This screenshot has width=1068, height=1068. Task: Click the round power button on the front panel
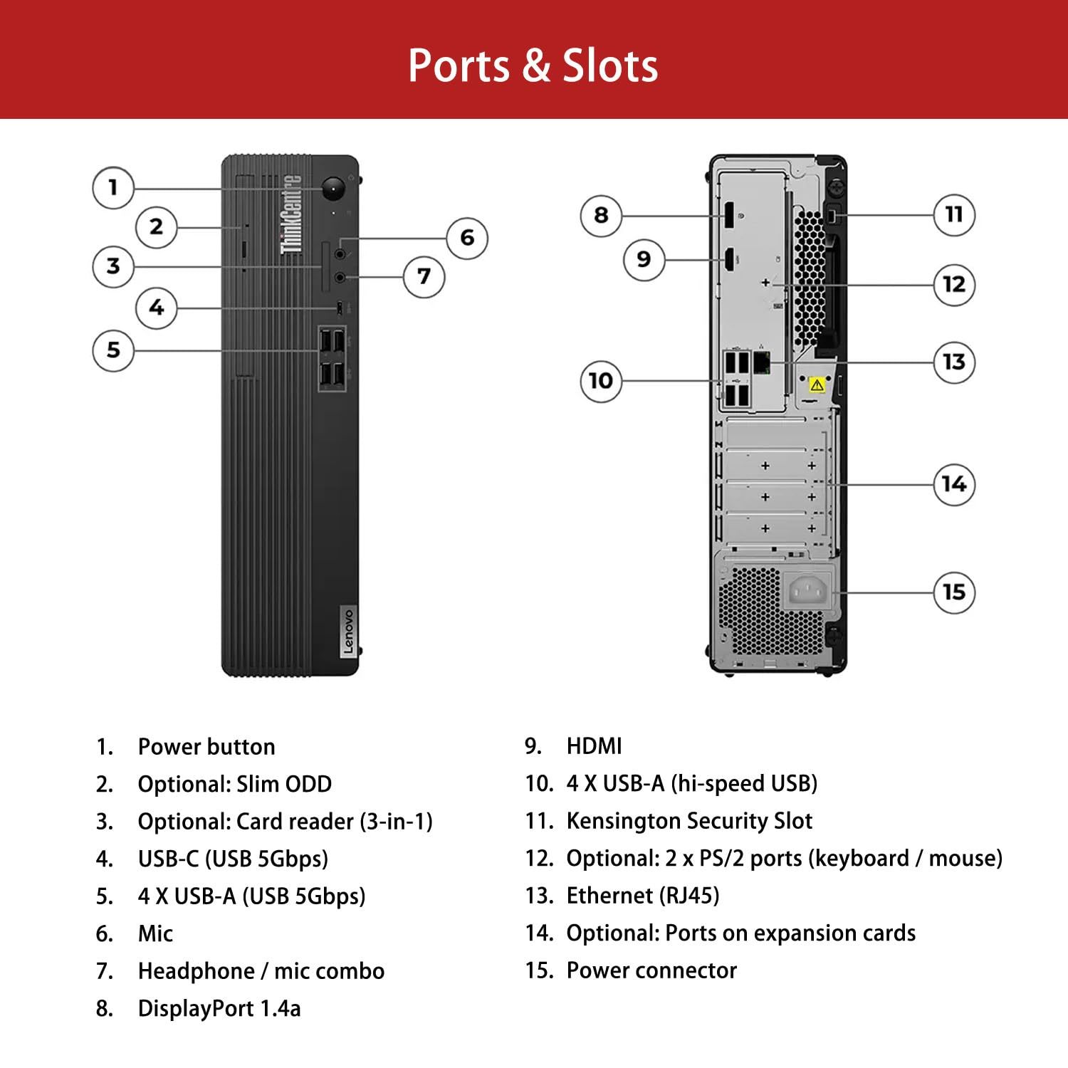[333, 189]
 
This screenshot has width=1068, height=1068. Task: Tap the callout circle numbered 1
[112, 188]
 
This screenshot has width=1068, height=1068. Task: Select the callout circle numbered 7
[424, 276]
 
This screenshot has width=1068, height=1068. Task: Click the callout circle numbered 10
[601, 381]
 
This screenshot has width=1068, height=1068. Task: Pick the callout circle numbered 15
[953, 592]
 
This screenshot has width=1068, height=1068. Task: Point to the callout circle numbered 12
[953, 285]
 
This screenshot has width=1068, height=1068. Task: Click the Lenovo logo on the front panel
[347, 631]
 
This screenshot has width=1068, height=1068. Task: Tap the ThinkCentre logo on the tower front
[291, 214]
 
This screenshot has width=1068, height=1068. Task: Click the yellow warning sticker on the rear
[817, 384]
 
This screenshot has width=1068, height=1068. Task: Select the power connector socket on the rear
[808, 590]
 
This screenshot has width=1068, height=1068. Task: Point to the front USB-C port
[340, 308]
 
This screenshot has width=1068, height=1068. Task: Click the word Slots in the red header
[610, 66]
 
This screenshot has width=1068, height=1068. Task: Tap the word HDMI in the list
[594, 746]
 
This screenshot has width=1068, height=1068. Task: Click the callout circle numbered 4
[156, 308]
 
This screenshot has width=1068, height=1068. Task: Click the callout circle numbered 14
[953, 484]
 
